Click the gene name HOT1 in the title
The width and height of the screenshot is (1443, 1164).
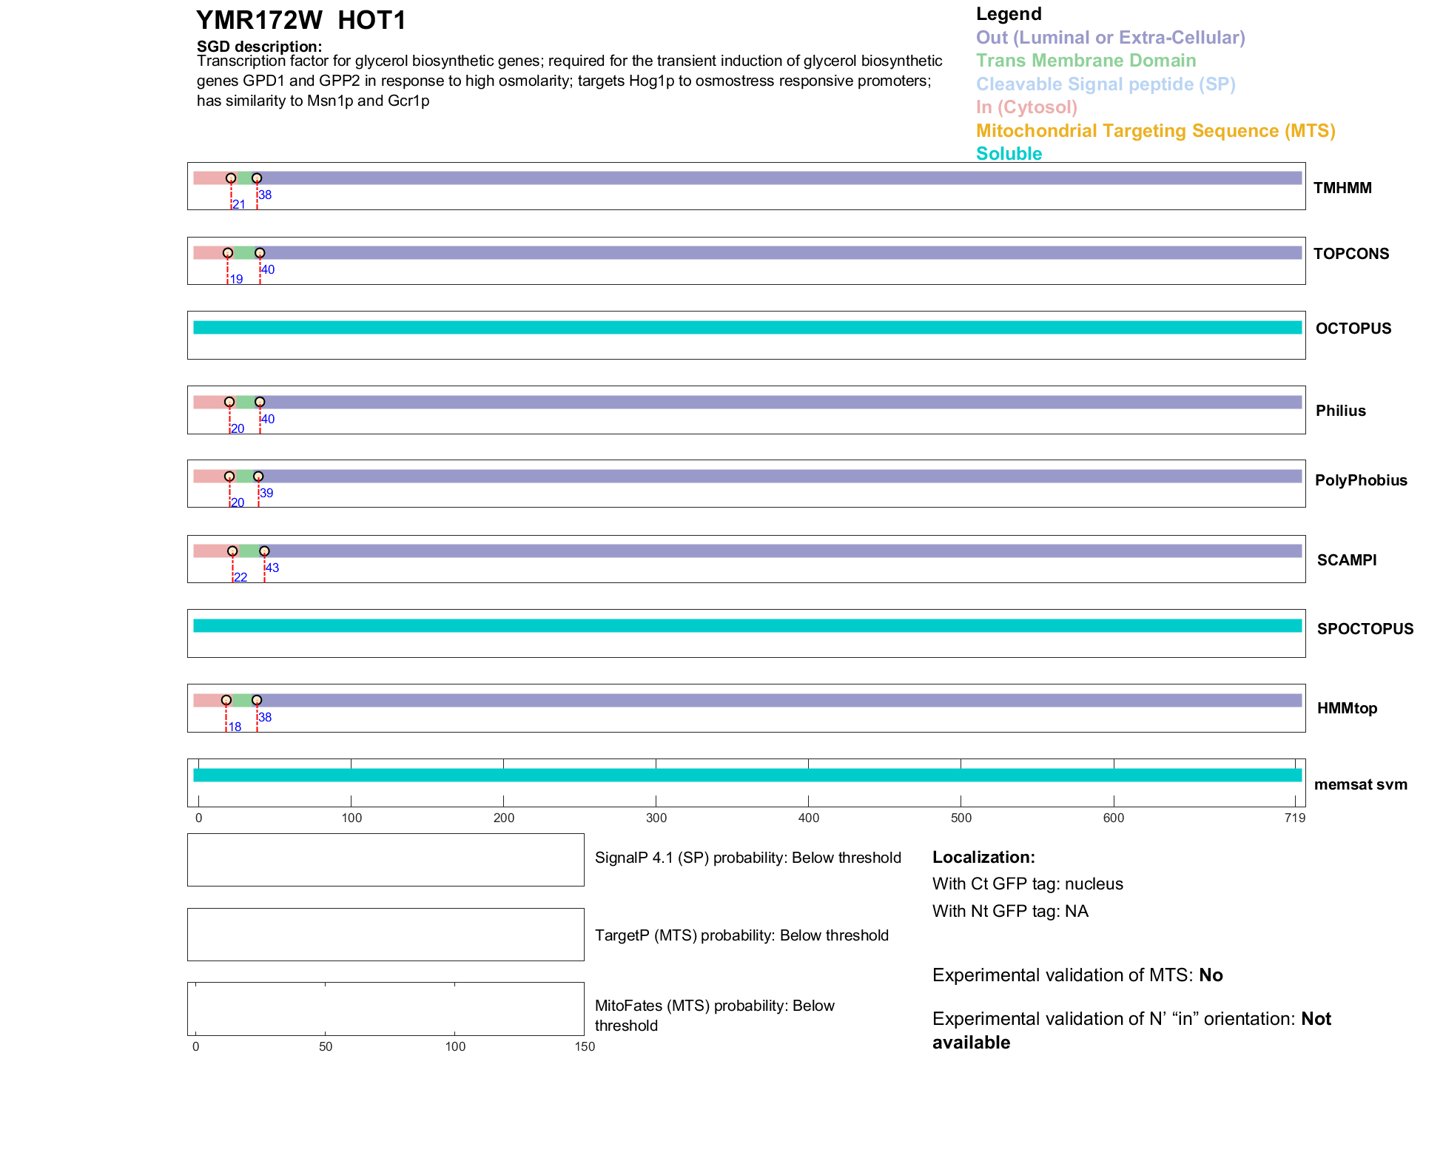pyautogui.click(x=371, y=21)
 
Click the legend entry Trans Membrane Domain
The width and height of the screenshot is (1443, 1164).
pyautogui.click(x=1086, y=61)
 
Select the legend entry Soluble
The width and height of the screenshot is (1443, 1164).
pyautogui.click(x=1009, y=154)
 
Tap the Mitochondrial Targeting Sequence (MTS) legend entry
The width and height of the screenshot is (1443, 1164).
pyautogui.click(x=1155, y=131)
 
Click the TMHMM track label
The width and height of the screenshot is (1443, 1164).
pyautogui.click(x=1342, y=188)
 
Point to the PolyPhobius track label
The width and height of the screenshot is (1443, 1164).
pyautogui.click(x=1361, y=480)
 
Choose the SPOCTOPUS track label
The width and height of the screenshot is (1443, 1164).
pyautogui.click(x=1365, y=629)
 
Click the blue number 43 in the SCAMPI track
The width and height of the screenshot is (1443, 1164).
pyautogui.click(x=272, y=568)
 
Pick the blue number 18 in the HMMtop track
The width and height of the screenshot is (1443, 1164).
pyautogui.click(x=235, y=727)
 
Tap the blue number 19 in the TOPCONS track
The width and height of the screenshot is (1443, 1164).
pyautogui.click(x=236, y=279)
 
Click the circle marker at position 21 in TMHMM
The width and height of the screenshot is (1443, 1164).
pyautogui.click(x=231, y=178)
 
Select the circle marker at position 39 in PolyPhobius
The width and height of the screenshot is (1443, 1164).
pyautogui.click(x=258, y=477)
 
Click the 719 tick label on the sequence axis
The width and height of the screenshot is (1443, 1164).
pyautogui.click(x=1295, y=818)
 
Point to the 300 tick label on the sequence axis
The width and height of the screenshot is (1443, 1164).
pyautogui.click(x=656, y=818)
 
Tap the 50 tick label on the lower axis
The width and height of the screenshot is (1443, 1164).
pyautogui.click(x=326, y=1046)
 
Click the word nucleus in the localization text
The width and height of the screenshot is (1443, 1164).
pyautogui.click(x=1094, y=884)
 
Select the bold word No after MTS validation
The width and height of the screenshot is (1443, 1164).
pyautogui.click(x=1211, y=975)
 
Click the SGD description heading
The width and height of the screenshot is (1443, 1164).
pyautogui.click(x=259, y=47)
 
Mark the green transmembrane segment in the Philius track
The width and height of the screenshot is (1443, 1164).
pyautogui.click(x=244, y=403)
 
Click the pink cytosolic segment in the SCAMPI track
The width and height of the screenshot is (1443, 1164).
pyautogui.click(x=212, y=551)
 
